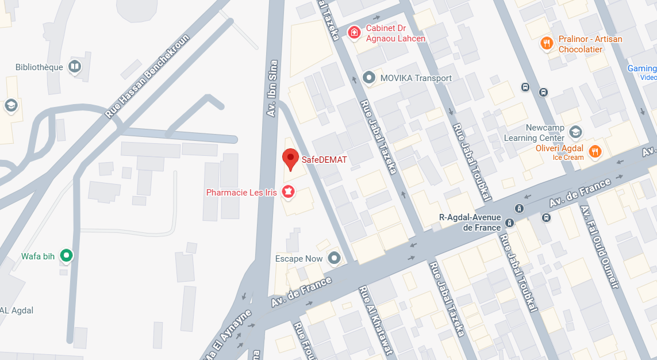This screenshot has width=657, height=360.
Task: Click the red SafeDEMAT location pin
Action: tap(291, 158)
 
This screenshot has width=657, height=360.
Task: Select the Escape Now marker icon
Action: tap(334, 259)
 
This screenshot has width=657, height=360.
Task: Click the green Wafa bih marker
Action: tap(67, 256)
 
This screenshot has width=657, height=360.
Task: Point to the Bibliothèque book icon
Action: tap(75, 67)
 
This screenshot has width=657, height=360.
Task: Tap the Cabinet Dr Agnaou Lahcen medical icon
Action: tap(355, 32)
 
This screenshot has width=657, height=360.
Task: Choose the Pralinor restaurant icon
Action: tap(547, 43)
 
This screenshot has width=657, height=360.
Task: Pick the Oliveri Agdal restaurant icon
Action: tap(595, 151)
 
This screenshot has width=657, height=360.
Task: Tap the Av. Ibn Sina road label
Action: tap(273, 89)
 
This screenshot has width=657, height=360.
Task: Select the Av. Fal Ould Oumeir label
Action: tap(600, 247)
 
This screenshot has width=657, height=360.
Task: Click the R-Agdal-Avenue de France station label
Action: tap(470, 223)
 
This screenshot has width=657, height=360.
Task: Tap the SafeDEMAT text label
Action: tap(324, 160)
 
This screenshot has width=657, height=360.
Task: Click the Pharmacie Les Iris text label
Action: tap(241, 193)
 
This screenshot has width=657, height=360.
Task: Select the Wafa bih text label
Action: tap(38, 256)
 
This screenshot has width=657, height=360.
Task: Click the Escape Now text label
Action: tap(299, 259)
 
